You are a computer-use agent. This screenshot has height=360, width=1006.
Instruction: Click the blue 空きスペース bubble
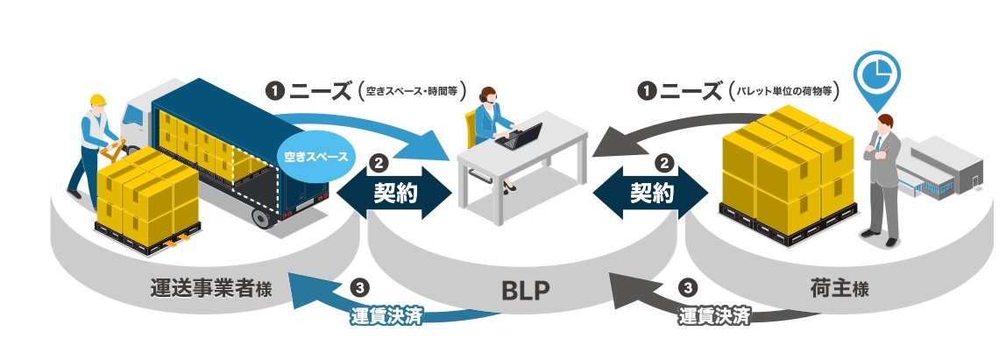point(316,158)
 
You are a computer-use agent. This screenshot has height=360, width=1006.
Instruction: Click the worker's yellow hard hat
point(97,99)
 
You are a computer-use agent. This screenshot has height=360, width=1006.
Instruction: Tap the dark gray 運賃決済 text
point(714,316)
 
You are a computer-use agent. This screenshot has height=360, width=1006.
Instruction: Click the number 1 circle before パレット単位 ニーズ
point(647,89)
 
